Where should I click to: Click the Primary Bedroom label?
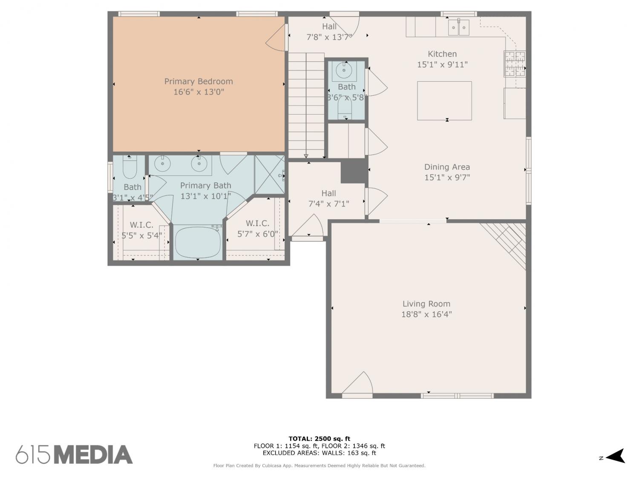pos(199,81)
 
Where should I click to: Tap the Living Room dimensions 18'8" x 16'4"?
pos(426,314)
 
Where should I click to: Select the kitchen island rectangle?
pos(444,100)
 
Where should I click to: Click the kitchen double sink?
pos(458,27)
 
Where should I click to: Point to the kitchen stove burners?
pos(515,64)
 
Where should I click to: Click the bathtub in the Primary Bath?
pos(198,242)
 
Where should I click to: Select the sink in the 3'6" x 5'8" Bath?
pos(344,70)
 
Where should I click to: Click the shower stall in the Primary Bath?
pos(270,175)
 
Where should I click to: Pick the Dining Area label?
pos(447,167)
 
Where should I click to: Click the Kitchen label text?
pos(442,54)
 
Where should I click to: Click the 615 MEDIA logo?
pos(74,454)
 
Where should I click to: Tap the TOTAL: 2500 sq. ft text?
pos(319,439)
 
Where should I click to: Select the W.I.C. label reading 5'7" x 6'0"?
pos(257,229)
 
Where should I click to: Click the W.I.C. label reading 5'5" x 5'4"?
pos(141,230)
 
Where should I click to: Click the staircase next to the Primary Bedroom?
pos(306,105)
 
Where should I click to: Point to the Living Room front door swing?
pos(357,383)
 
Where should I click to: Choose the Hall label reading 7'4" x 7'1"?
pos(329,199)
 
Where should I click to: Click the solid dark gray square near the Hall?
pos(353,172)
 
